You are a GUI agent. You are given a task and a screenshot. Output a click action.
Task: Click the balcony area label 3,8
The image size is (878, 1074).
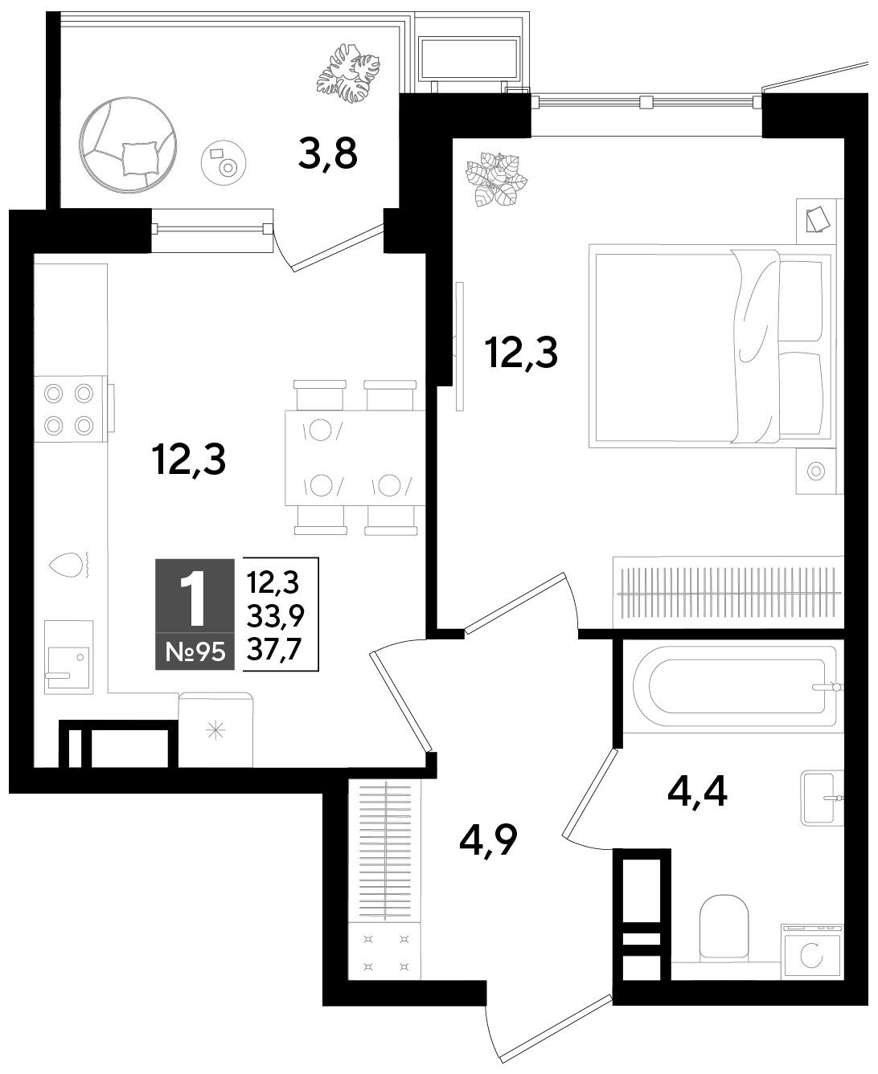[328, 153]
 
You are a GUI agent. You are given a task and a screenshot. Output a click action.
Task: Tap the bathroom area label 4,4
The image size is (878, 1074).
[697, 792]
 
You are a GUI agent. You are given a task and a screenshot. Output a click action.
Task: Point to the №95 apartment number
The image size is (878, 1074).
[195, 651]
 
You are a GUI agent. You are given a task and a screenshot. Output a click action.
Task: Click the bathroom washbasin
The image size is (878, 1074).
[821, 798]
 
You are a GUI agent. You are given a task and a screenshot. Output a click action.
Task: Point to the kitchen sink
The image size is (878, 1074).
[68, 657]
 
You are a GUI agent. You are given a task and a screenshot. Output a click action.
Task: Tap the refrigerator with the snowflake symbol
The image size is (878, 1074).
[215, 729]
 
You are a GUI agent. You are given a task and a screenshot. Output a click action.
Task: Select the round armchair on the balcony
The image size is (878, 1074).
[129, 145]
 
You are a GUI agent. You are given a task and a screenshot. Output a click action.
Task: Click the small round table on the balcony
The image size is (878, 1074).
[224, 162]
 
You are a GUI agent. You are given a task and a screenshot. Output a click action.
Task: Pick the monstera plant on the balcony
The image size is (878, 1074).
[349, 73]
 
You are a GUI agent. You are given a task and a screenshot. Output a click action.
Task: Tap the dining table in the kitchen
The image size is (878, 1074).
[355, 457]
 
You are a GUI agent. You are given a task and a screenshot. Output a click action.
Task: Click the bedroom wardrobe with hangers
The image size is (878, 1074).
[728, 592]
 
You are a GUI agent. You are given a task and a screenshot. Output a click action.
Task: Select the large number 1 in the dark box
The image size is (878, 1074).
[195, 598]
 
